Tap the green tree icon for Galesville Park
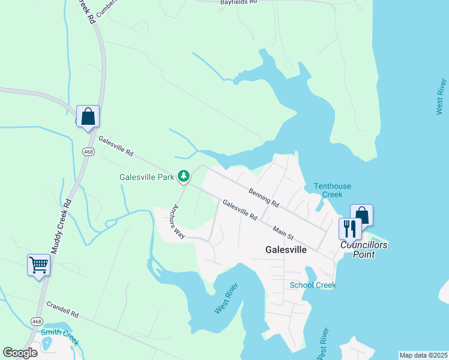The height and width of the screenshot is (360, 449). point(184,176)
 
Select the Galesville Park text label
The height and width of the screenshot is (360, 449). point(147,177)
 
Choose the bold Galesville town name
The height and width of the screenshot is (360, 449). point(286,249)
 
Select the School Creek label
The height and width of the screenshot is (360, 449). point(312,285)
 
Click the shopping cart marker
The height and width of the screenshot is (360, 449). point(38,264)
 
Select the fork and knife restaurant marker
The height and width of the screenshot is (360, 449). point(349,229)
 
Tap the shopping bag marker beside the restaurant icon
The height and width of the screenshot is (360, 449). point(362,215)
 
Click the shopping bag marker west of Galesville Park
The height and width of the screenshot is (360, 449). point(88,115)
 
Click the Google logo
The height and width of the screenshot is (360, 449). point(20,353)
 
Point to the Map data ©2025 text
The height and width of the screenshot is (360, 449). point(423,355)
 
